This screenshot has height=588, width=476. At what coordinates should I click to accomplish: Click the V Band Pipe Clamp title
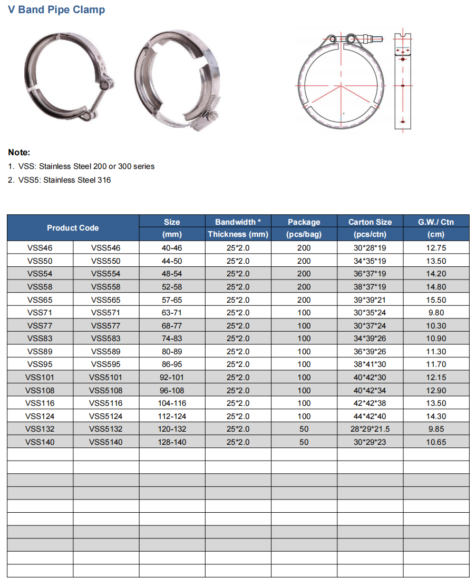(x=56, y=9)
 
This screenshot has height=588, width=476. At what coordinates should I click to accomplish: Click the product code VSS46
(x=40, y=248)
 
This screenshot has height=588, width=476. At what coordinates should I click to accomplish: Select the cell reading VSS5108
(x=105, y=391)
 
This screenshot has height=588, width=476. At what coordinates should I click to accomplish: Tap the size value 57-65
(x=172, y=300)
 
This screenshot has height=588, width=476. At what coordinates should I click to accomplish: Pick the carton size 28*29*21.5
(x=370, y=429)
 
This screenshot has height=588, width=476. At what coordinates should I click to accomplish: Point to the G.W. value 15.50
(x=436, y=300)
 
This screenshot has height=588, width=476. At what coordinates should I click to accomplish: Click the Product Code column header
(x=73, y=228)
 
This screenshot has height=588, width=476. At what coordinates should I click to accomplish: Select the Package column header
(x=304, y=222)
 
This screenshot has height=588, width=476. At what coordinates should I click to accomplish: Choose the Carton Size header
(x=370, y=222)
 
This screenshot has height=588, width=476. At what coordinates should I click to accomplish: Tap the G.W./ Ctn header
(x=436, y=222)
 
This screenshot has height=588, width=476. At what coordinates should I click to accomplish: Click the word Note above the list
(x=19, y=152)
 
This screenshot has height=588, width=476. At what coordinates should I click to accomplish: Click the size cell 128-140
(x=172, y=442)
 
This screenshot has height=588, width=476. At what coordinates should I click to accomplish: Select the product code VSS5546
(x=105, y=248)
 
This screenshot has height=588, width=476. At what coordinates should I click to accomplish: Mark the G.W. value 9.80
(x=436, y=313)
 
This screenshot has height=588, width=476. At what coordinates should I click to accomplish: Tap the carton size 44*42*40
(x=370, y=416)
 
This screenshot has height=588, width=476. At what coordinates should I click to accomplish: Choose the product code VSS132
(x=40, y=429)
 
